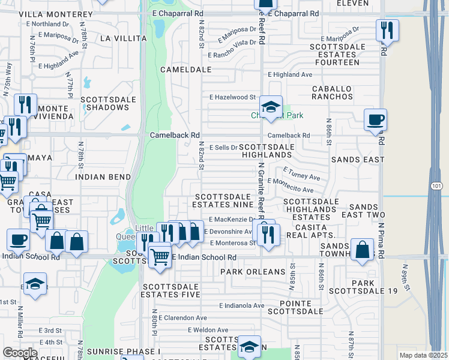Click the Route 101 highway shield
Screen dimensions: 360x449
437,186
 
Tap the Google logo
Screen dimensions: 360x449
20,353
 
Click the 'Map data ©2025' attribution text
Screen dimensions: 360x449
423,355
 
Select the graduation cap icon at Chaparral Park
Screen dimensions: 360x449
271,109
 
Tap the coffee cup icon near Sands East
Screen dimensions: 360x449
375,119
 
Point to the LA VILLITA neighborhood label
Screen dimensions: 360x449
123,38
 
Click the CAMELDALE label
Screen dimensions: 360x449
186,70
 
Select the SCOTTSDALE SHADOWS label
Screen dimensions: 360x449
104,104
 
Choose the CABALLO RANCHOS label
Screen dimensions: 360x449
332,92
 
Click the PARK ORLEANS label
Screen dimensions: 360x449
252,272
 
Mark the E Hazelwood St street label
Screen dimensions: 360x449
232,97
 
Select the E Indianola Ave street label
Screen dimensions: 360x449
241,305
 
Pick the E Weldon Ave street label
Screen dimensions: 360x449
208,330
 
